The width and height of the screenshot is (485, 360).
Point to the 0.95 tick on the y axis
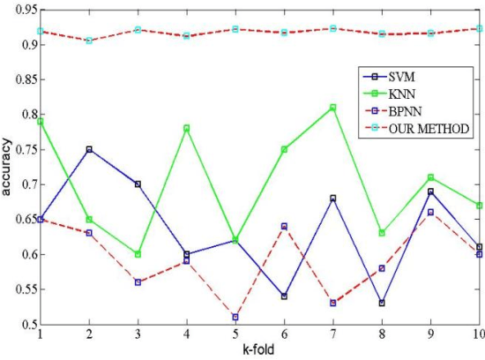19,10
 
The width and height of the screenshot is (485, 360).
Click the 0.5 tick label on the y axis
22,325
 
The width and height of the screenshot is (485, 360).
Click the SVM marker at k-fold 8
381,303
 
